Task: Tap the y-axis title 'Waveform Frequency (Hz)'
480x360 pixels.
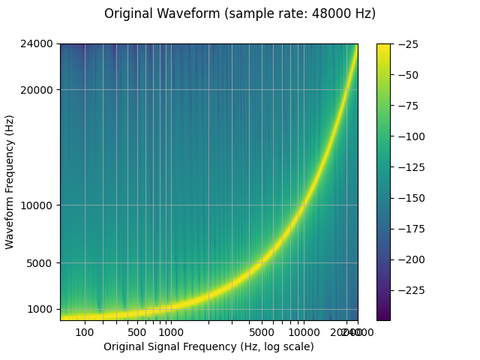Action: [10, 182]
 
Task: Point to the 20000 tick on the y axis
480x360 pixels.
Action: [40, 90]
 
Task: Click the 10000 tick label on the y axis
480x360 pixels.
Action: [40, 205]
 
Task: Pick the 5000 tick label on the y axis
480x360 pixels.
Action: [43, 263]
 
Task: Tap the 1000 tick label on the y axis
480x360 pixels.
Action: [43, 309]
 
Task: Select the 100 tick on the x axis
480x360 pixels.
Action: [85, 332]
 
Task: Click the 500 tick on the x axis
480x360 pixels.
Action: [136, 332]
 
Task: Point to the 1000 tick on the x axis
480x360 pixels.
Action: [171, 332]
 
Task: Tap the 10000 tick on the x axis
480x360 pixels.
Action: [303, 332]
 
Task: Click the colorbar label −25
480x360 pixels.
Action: [409, 44]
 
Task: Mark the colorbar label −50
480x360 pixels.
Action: [409, 75]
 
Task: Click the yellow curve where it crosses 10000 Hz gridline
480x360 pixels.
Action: [303, 205]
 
